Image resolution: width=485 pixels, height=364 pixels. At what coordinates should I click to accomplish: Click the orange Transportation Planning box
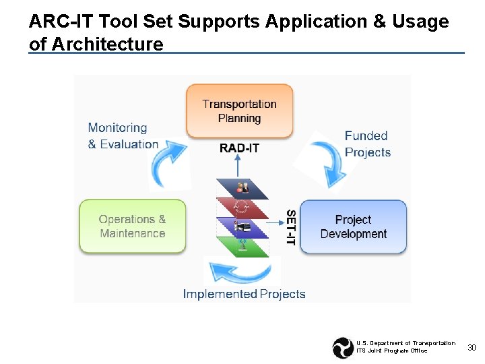(239, 111)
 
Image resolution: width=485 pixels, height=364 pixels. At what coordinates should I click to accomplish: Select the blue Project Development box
(353, 226)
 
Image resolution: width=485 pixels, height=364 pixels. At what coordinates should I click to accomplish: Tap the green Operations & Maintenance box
(132, 226)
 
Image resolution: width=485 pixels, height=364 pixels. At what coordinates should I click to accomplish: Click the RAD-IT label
(239, 148)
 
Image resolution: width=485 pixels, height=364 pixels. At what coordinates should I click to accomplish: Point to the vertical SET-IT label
(291, 226)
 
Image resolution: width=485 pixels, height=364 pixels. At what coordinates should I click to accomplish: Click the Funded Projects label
(367, 144)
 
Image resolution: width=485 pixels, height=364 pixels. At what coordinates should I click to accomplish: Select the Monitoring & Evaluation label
(123, 135)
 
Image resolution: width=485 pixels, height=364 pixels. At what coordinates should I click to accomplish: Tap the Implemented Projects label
(244, 294)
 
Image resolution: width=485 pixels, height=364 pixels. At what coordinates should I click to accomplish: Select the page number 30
(472, 348)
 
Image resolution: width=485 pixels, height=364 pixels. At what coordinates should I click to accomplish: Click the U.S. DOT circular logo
(343, 348)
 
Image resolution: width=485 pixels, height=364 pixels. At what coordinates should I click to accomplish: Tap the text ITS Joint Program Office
(391, 351)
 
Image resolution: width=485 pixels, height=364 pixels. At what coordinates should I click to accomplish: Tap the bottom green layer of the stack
(241, 245)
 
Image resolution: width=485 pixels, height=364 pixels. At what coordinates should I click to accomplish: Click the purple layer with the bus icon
(241, 226)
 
